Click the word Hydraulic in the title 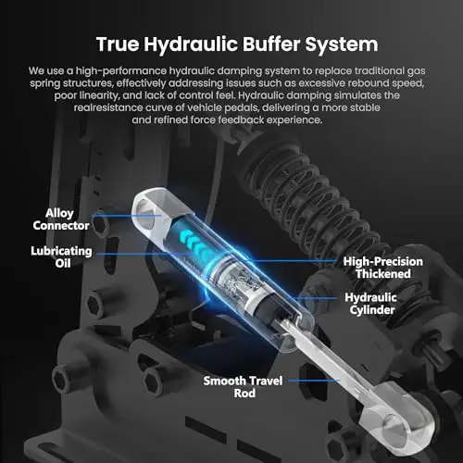pyautogui.click(x=190, y=45)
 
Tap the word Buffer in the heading pyautogui.click(x=271, y=44)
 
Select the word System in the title pyautogui.click(x=342, y=45)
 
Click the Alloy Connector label pyautogui.click(x=61, y=219)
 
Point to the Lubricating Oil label pyautogui.click(x=61, y=257)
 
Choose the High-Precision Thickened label pyautogui.click(x=383, y=268)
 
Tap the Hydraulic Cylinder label pyautogui.click(x=371, y=304)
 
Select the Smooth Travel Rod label pyautogui.click(x=243, y=387)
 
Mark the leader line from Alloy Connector pyautogui.click(x=126, y=216)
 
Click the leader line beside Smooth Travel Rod pyautogui.click(x=315, y=381)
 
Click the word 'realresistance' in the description pyautogui.click(x=108, y=107)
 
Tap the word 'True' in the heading pyautogui.click(x=118, y=44)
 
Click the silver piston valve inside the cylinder pyautogui.click(x=234, y=279)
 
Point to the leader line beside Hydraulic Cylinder pyautogui.click(x=318, y=298)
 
